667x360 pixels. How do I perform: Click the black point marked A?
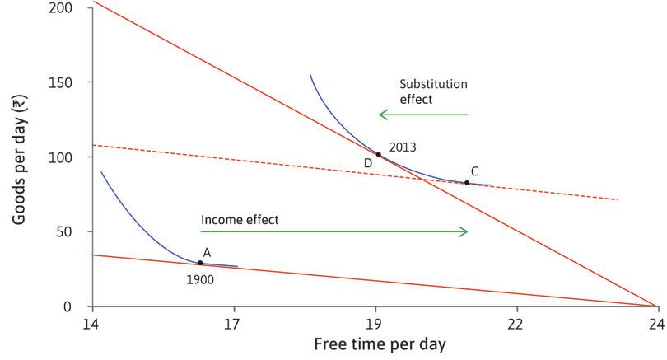200,263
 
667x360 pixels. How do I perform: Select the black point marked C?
467,183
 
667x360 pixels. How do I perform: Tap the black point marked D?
379,154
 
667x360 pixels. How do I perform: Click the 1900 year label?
200,280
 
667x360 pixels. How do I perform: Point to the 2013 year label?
403,147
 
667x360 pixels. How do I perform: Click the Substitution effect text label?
433,91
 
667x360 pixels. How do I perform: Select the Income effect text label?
240,220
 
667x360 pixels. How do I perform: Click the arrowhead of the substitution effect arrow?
381,115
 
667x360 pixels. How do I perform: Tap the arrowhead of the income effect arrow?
464,232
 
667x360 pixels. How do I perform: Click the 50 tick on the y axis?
74,232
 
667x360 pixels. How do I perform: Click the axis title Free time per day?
373,344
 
